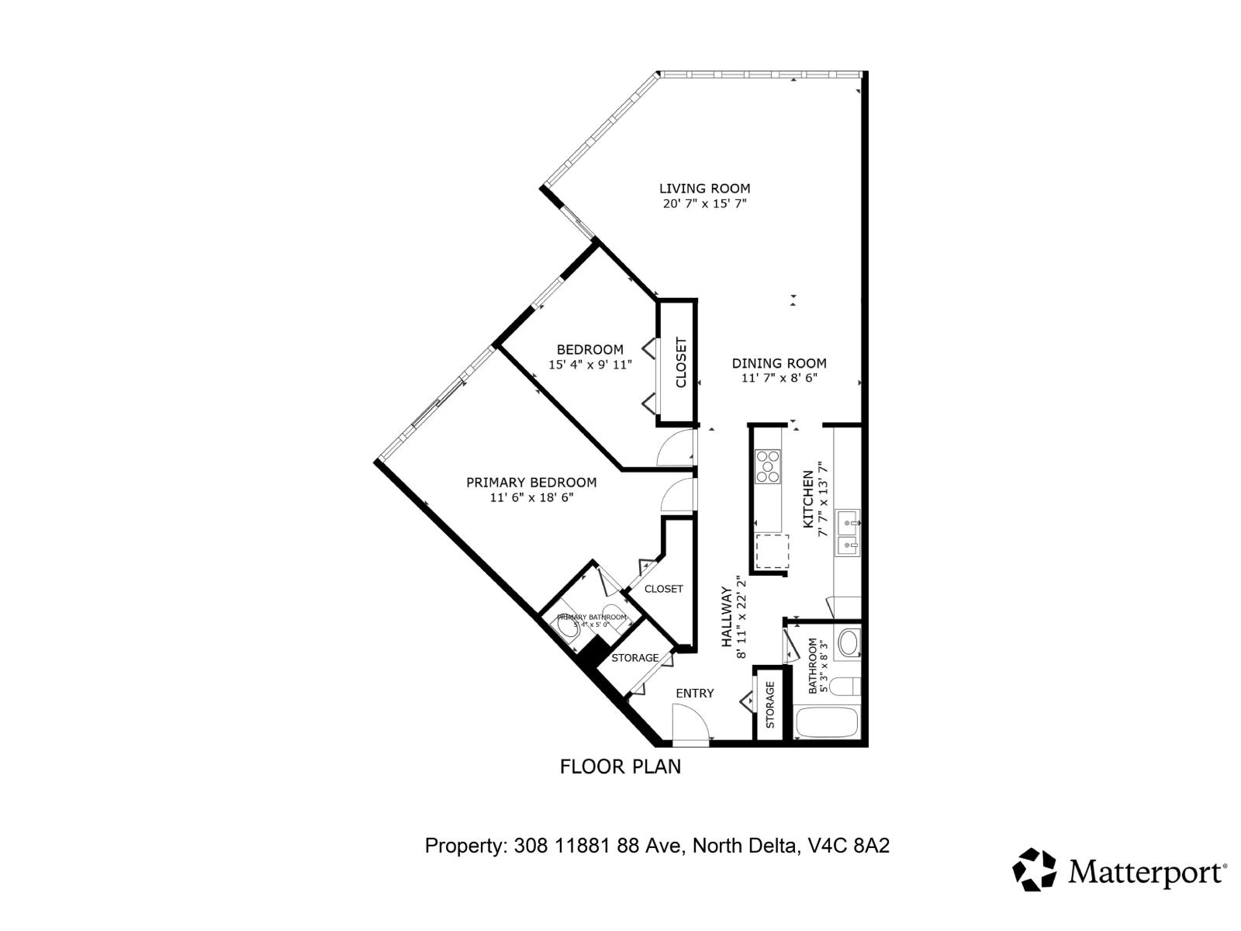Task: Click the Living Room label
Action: click(x=704, y=189)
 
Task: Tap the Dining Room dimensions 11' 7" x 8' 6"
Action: click(x=779, y=379)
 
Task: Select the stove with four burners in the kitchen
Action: click(x=769, y=467)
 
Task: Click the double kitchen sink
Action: click(x=847, y=533)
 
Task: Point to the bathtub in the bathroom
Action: click(x=826, y=722)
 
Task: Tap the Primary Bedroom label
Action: click(x=531, y=483)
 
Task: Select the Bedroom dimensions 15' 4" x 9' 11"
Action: click(x=589, y=365)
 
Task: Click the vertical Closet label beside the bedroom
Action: click(x=681, y=362)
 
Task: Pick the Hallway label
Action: click(x=728, y=617)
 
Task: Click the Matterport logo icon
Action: click(x=1035, y=870)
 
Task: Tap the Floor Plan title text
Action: click(x=620, y=767)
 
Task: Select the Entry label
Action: click(x=694, y=694)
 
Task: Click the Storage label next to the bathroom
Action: click(x=770, y=704)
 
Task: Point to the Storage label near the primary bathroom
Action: click(x=634, y=658)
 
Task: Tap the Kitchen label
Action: click(x=807, y=499)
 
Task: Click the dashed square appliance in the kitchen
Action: click(x=772, y=551)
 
